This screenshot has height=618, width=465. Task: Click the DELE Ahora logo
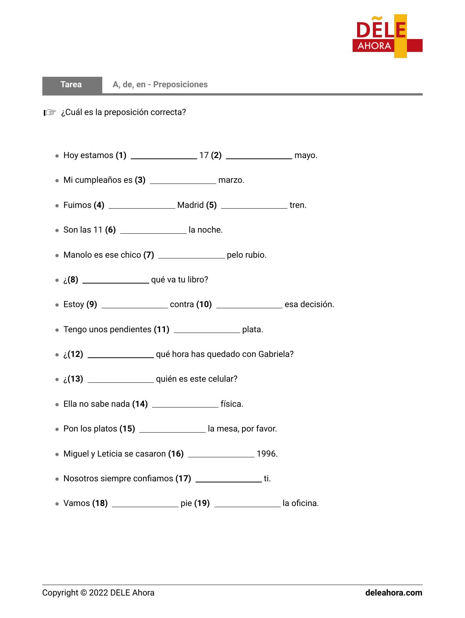point(387,36)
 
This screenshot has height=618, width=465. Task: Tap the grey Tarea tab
point(72,85)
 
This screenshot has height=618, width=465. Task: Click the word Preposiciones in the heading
point(180,85)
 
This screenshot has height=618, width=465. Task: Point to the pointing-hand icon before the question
point(49,112)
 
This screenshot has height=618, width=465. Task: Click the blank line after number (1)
point(164,157)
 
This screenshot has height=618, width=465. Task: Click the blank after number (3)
point(183,181)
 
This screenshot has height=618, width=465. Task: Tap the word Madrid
point(190,205)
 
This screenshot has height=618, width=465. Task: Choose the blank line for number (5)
point(254,206)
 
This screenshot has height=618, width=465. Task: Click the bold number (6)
point(111,230)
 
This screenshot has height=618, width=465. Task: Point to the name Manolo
point(78,255)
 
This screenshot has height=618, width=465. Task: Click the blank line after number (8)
point(115,281)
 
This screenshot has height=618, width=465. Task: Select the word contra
point(182,305)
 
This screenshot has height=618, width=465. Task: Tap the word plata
point(252,330)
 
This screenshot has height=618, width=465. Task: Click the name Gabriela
point(275,354)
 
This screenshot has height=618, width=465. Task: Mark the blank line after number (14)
point(185,405)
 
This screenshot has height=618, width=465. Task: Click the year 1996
point(266,454)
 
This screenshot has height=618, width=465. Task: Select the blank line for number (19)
point(247,505)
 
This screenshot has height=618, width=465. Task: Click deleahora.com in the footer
point(393,593)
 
